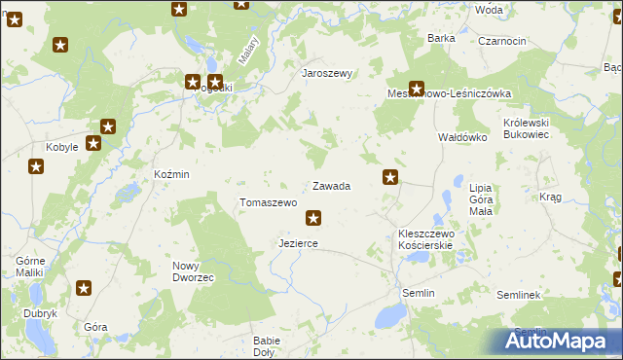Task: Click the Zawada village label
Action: (x=331, y=186)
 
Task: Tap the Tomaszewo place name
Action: (x=268, y=202)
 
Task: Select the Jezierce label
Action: (x=298, y=243)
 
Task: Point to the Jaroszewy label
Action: (x=326, y=73)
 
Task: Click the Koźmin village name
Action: (x=171, y=174)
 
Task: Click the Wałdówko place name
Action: (x=461, y=138)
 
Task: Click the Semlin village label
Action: (x=419, y=293)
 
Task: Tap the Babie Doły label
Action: (x=267, y=346)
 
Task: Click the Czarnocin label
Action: (x=502, y=41)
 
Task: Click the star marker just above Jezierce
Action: (x=312, y=218)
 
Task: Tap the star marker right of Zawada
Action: (x=390, y=177)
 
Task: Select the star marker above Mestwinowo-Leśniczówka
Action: (x=417, y=87)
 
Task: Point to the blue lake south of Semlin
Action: (x=391, y=315)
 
